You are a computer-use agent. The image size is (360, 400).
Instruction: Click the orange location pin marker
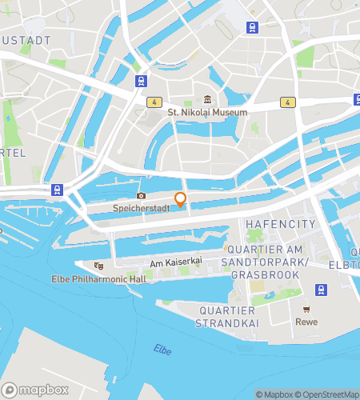[181, 200]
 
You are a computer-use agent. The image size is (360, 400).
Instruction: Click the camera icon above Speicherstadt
[142, 195]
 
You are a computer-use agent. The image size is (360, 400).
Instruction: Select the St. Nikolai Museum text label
[207, 113]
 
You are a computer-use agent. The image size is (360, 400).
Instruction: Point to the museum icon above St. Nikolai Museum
[207, 99]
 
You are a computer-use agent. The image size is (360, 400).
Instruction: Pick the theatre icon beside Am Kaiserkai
[98, 266]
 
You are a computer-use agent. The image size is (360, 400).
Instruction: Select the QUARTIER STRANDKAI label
[226, 317]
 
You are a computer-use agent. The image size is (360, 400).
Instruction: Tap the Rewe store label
[306, 322]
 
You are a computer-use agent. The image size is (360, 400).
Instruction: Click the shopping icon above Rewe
[306, 309]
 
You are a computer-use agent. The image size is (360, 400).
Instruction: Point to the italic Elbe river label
[163, 349]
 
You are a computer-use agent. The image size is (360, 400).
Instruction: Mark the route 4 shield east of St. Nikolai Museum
[286, 102]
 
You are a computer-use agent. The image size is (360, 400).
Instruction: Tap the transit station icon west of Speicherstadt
[57, 190]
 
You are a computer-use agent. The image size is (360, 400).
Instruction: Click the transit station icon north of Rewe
[321, 289]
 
